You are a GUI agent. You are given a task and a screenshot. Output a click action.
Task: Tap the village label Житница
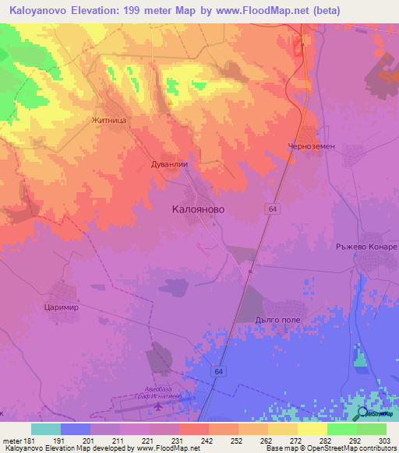pyautogui.click(x=108, y=121)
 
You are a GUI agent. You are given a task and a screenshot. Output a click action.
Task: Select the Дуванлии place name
pyautogui.click(x=170, y=165)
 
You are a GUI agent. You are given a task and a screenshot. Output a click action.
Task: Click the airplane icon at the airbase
pyautogui.click(x=161, y=406)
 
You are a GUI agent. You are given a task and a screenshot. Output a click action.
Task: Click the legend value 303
pyautogui.click(x=387, y=440)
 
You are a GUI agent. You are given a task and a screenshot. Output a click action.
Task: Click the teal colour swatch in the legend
pyautogui.click(x=46, y=429)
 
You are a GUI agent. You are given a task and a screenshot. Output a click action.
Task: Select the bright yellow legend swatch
pyautogui.click(x=312, y=429)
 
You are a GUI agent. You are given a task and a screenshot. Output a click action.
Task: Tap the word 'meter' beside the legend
pyautogui.click(x=12, y=440)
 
